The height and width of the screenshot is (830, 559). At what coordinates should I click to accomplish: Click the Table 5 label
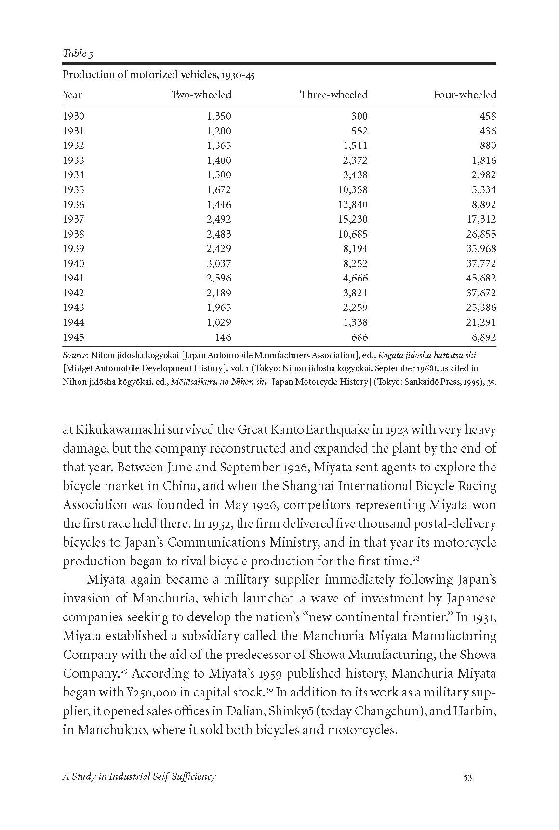tap(78, 54)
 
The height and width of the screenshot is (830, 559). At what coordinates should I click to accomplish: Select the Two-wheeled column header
tap(201, 95)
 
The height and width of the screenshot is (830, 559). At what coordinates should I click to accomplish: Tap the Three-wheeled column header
tap(333, 95)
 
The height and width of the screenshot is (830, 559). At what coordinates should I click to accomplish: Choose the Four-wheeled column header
tap(465, 95)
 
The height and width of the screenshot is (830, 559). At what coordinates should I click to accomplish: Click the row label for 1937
tap(73, 219)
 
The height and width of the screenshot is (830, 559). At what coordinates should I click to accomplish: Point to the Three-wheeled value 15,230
tap(352, 219)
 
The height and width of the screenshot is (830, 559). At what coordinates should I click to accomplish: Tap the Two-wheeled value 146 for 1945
tap(223, 337)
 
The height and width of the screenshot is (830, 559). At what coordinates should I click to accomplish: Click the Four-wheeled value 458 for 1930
tap(488, 116)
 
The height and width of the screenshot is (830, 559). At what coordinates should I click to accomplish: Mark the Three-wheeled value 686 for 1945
tap(359, 337)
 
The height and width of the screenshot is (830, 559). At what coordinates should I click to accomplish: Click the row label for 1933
tap(73, 161)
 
